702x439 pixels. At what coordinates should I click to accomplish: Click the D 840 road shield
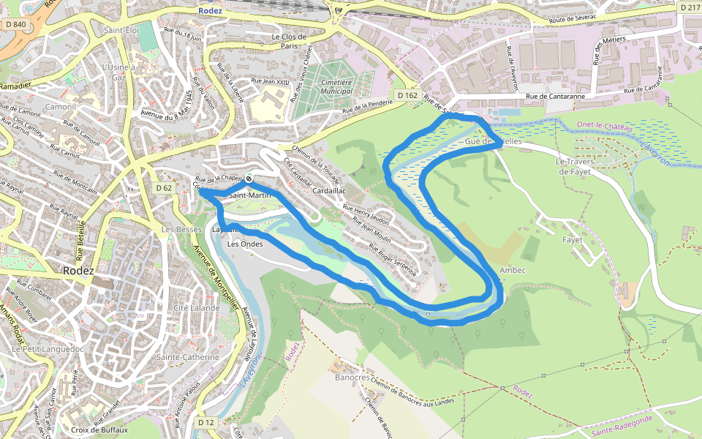coord(15,24)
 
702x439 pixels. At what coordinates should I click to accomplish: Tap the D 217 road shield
coord(690,7)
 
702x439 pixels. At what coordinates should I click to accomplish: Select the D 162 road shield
coord(407,96)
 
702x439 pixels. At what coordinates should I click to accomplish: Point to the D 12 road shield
coord(207,422)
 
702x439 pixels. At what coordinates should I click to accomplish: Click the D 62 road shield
coord(165,188)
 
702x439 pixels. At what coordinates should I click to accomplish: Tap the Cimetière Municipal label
coord(336,87)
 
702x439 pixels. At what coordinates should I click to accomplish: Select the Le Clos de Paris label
coord(289,41)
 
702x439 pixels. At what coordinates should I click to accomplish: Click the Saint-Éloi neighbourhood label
coord(121,31)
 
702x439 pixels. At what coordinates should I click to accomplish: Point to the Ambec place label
coord(513,271)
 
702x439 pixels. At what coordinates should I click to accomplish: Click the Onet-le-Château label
coord(604,126)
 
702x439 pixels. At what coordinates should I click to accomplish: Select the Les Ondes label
coord(245,244)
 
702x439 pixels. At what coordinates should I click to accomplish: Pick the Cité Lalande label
coord(197,308)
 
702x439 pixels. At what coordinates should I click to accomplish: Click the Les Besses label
coord(182,229)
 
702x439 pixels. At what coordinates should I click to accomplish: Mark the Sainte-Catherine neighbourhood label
coord(187,357)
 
